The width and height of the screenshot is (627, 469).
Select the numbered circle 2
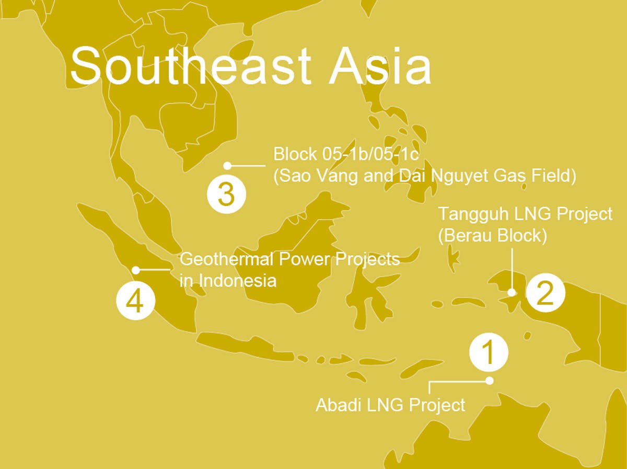545,293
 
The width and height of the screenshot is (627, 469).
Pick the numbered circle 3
226,195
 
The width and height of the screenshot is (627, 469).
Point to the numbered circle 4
135,301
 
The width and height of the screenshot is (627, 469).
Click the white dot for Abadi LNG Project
489,381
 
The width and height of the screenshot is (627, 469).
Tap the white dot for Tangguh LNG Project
513,292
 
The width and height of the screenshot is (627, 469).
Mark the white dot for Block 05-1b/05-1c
227,166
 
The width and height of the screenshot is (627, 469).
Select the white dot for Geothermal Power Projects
136,270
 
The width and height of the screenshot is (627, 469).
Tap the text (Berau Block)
492,235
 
